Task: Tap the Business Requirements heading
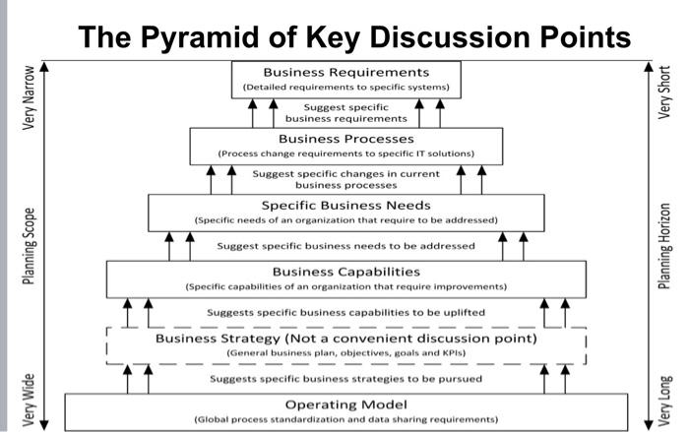pyautogui.click(x=345, y=72)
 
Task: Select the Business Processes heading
pyautogui.click(x=345, y=139)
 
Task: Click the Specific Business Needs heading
pyautogui.click(x=345, y=204)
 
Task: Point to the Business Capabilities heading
pyautogui.click(x=345, y=271)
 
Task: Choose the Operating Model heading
pyautogui.click(x=345, y=403)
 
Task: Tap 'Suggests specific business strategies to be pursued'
pyautogui.click(x=345, y=378)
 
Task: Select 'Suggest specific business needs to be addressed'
pyautogui.click(x=345, y=245)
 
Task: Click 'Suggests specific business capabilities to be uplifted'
pyautogui.click(x=345, y=312)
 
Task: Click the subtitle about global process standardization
pyautogui.click(x=345, y=418)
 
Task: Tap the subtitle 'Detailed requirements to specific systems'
pyautogui.click(x=345, y=87)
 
